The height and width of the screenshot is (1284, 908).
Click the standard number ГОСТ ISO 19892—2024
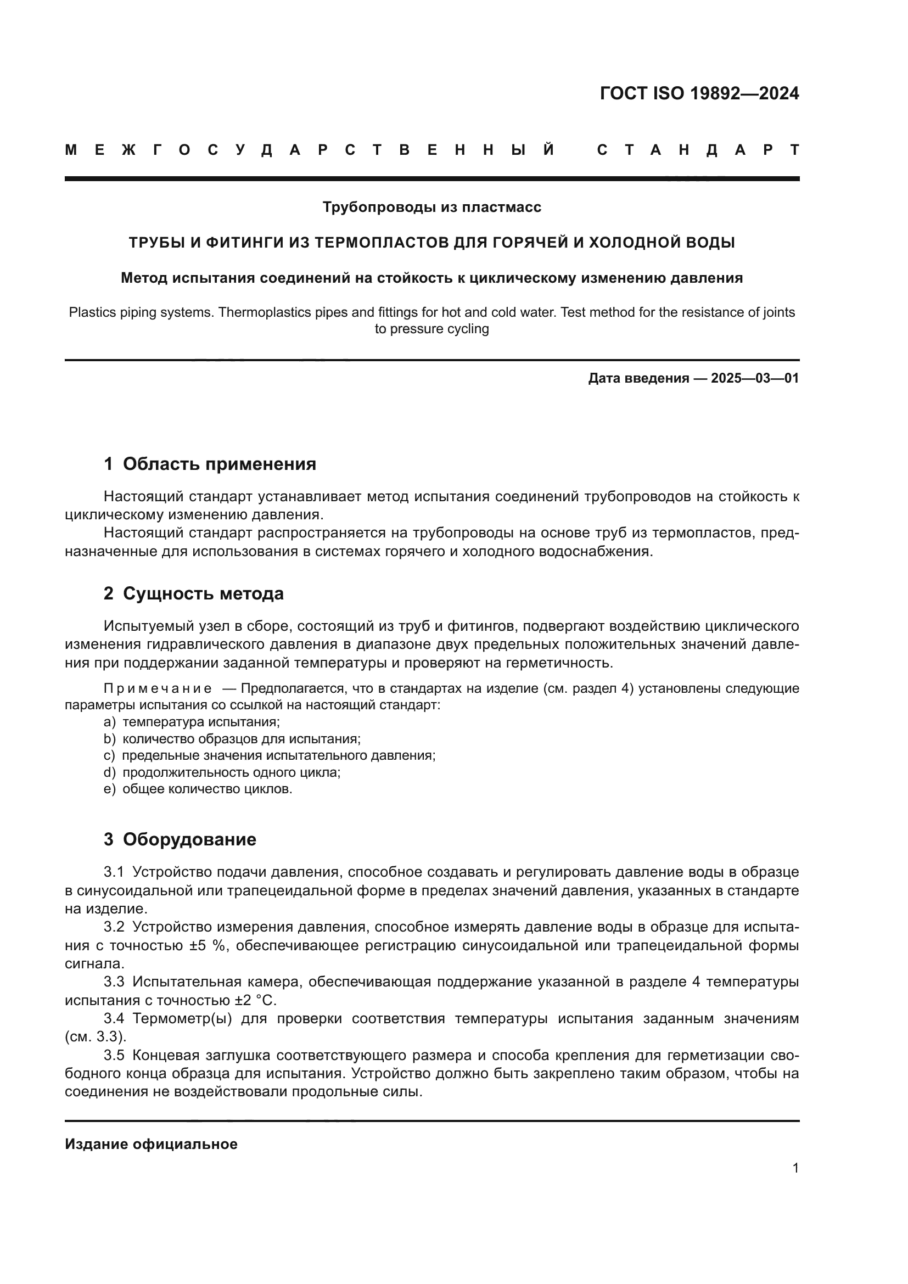[x=699, y=93]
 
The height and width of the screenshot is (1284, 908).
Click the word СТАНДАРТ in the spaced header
[x=698, y=150]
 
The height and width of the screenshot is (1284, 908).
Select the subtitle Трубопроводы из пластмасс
[x=431, y=208]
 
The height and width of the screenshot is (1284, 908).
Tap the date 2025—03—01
[x=754, y=379]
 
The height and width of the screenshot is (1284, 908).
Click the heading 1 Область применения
[x=210, y=464]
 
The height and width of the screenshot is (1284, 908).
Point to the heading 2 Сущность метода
[x=193, y=593]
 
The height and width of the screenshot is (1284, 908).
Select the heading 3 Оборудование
[x=180, y=839]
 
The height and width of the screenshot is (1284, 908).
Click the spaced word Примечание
[x=158, y=688]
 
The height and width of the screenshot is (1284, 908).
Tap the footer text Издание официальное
[x=151, y=1144]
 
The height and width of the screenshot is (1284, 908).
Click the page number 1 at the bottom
[x=795, y=1168]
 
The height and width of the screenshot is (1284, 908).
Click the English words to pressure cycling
[x=431, y=329]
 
